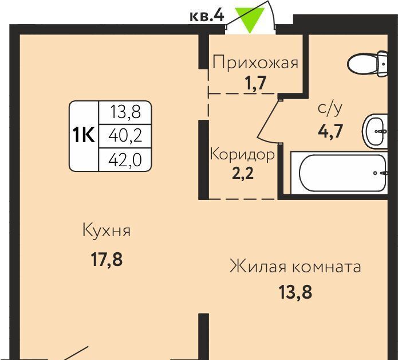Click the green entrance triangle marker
pyautogui.click(x=250, y=19)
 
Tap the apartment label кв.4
pyautogui.click(x=207, y=16)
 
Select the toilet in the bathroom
pyautogui.click(x=367, y=64)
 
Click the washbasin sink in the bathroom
pyautogui.click(x=375, y=131)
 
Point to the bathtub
pyautogui.click(x=339, y=173)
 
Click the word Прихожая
pyautogui.click(x=255, y=62)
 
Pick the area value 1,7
pyautogui.click(x=256, y=83)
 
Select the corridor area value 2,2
pyautogui.click(x=243, y=174)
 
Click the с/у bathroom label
pyautogui.click(x=330, y=108)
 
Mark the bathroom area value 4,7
pyautogui.click(x=330, y=131)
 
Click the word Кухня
pyautogui.click(x=107, y=230)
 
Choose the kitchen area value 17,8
pyautogui.click(x=107, y=260)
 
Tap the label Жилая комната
pyautogui.click(x=295, y=267)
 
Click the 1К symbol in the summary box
pyautogui.click(x=84, y=135)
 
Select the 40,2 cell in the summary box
pyautogui.click(x=125, y=136)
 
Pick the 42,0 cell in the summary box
pyautogui.click(x=125, y=160)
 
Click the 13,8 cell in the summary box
pyautogui.click(x=125, y=112)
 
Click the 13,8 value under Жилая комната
pyautogui.click(x=295, y=292)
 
